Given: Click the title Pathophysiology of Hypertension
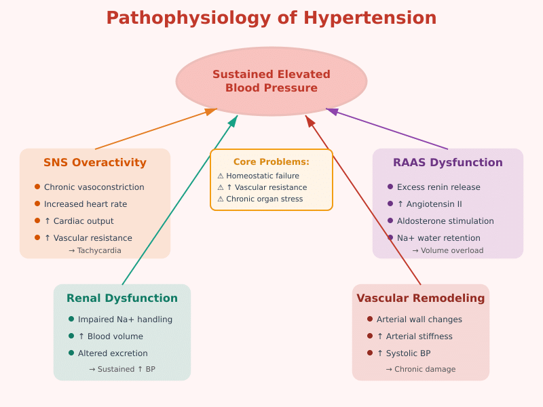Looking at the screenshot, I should pos(271,18).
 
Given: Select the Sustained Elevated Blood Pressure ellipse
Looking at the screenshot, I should pos(271,81).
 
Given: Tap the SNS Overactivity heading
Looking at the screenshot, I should pos(95,163).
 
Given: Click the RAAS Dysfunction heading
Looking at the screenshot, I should pos(448,163).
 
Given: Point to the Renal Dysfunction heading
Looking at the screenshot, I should pos(122,298).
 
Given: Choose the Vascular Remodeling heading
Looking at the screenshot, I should pos(421,298).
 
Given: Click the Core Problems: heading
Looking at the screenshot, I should pos(271,162).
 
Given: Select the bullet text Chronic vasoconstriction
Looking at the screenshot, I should pos(94,187).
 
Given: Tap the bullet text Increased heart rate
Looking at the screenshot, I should pos(86,204).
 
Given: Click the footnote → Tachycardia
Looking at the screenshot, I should pos(95,250).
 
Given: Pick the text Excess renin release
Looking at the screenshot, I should pos(438,187).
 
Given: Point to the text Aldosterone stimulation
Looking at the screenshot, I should pos(445,221).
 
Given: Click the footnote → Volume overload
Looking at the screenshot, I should pos(448,250).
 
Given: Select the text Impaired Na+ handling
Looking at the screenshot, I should pos(125,319).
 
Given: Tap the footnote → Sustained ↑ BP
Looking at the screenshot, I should pos(122,369).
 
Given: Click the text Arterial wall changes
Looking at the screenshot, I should pos(419,319).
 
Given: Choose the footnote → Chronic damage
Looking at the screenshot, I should pos(421,369).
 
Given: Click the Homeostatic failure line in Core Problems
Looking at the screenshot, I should pos(262,176).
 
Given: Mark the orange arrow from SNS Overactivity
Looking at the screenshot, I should pos(156,129).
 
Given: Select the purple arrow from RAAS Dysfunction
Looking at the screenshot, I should pos(387,129).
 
